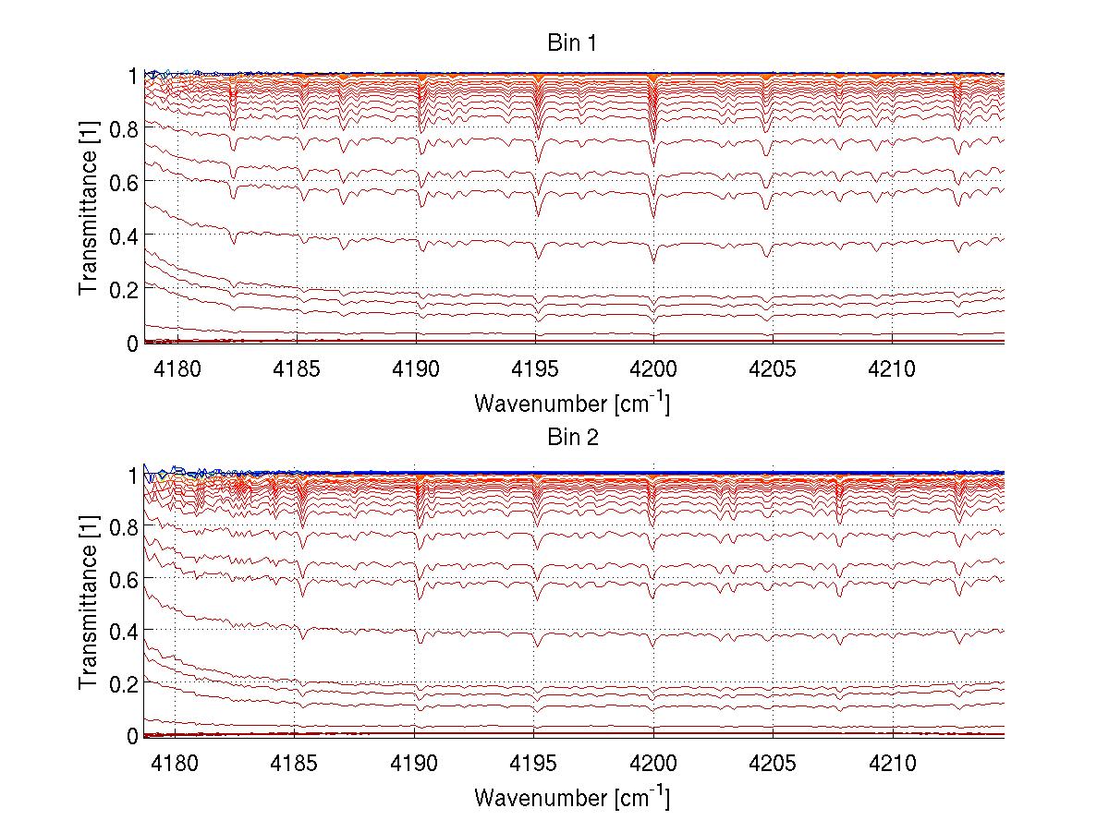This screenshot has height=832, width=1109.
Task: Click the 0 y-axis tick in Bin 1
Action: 132,343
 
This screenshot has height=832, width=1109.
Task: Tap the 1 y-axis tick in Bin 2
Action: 132,474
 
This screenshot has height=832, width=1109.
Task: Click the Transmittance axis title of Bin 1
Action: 89,209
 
